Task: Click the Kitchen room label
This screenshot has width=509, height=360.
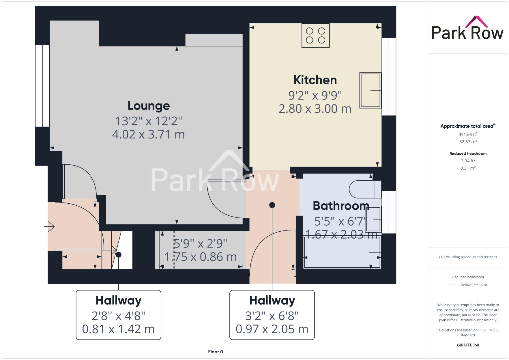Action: tap(315, 80)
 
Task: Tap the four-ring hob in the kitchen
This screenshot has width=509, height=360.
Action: tap(315, 35)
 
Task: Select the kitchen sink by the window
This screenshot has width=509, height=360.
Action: tap(370, 90)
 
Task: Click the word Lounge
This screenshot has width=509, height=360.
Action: tap(149, 106)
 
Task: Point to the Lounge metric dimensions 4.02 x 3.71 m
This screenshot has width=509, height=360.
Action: tap(148, 134)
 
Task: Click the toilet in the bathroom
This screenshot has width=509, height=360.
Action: tap(365, 189)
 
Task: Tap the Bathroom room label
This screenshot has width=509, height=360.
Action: tap(341, 206)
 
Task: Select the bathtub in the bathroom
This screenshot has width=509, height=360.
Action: tap(342, 252)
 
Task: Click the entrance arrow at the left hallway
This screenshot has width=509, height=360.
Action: tap(49, 226)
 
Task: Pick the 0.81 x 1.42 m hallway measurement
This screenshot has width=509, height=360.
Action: tap(118, 329)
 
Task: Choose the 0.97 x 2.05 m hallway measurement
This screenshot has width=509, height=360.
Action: tap(272, 329)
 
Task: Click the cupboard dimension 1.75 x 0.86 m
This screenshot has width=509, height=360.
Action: tap(200, 257)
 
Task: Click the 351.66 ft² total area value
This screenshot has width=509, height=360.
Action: tap(468, 134)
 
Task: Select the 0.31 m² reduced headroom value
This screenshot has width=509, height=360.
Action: tap(468, 168)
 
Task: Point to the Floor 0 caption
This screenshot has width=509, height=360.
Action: tap(215, 352)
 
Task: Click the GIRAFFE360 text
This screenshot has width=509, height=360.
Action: tap(468, 345)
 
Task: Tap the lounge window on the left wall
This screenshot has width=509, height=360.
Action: tap(42, 86)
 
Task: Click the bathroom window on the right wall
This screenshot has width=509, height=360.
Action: tap(389, 212)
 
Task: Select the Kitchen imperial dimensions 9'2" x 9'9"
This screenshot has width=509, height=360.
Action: tap(315, 95)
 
